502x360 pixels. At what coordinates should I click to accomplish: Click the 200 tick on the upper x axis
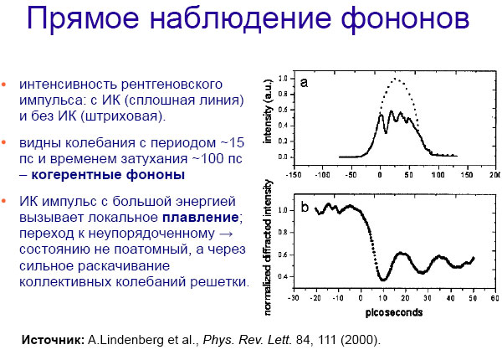coord(495,177)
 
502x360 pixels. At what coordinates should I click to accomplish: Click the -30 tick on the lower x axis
coord(293,297)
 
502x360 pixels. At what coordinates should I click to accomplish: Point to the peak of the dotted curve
coord(397,80)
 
